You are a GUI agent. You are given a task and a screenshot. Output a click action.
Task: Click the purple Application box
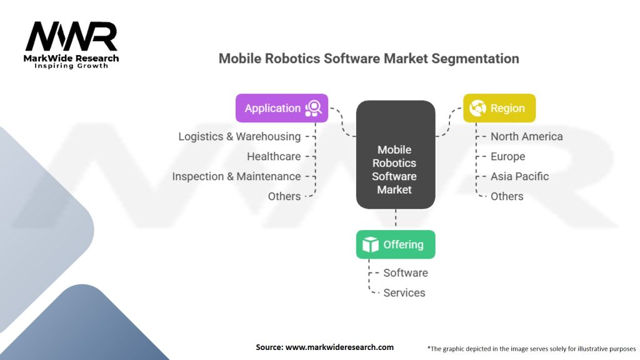point(282,108)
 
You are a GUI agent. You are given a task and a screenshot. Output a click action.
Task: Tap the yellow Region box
point(499,108)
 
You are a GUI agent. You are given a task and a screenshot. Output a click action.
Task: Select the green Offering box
point(396,244)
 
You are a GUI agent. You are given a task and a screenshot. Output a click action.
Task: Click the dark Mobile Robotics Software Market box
point(396,155)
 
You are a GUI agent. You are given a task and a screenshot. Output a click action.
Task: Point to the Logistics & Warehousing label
point(239,136)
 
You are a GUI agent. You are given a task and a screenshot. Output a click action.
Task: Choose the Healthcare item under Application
point(274,156)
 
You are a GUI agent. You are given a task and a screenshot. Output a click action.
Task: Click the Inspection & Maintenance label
point(236,176)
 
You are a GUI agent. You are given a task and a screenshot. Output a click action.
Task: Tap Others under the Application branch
point(284,196)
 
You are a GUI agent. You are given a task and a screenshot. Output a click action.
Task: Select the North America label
point(526,136)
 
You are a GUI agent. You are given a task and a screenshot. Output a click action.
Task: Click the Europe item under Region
point(507,156)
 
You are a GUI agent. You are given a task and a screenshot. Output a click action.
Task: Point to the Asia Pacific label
point(519,176)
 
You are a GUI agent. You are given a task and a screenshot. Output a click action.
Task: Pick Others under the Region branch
point(507,196)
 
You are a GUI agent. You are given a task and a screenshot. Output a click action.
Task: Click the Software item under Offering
point(406,272)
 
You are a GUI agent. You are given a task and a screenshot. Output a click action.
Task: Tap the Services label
point(404,292)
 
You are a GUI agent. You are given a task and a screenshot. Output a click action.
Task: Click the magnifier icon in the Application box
point(314,109)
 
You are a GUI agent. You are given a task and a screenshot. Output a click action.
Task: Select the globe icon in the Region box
point(477,108)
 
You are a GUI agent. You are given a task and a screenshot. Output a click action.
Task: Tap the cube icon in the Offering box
point(371,244)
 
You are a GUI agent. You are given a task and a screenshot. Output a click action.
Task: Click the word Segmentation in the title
point(475,58)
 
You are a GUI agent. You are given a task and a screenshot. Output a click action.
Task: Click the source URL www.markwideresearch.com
point(339,347)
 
